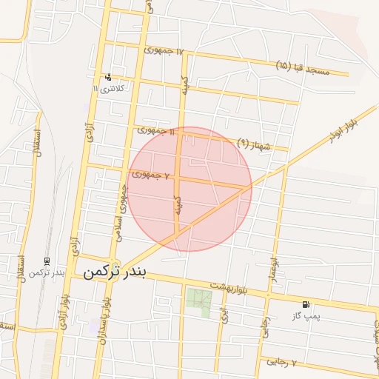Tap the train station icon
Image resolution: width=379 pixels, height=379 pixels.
coord(47,261)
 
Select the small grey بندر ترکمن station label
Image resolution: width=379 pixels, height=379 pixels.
coord(47,273)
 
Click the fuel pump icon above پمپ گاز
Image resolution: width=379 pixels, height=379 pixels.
coord(306,304)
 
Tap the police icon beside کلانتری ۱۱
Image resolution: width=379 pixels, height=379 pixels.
coord(109,76)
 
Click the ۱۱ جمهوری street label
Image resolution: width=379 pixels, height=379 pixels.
coord(156,131)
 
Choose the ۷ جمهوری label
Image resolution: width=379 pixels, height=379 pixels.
coord(152,175)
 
